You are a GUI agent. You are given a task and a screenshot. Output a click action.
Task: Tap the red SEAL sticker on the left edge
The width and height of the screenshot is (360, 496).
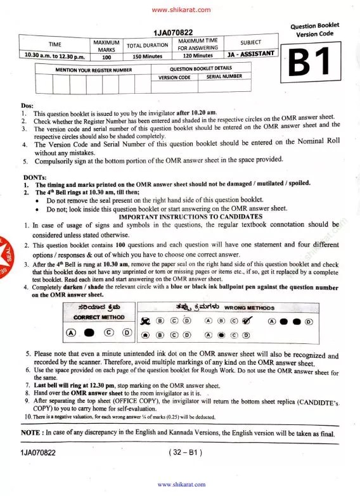(x=6, y=248)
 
